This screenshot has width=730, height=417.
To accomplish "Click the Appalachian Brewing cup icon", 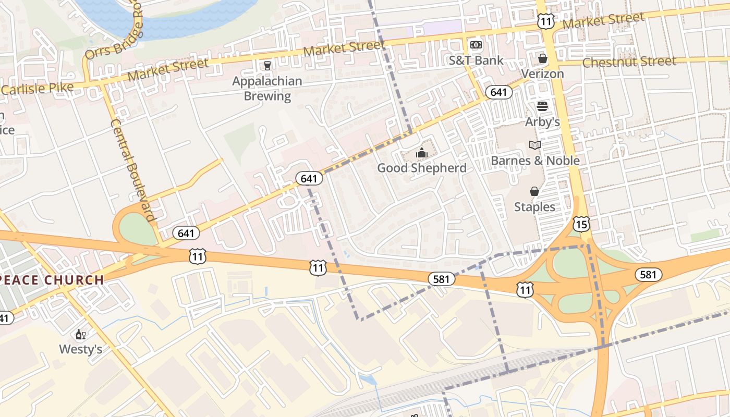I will coord(267,65).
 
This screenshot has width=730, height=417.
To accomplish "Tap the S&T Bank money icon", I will coord(476,45).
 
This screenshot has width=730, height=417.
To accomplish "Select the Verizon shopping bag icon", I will coord(543,58).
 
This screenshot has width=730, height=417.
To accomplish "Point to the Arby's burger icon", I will coord(542,106).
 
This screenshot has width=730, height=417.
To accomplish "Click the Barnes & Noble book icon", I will coord(535,145).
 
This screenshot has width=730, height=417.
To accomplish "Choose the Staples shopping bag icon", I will coord(534,191).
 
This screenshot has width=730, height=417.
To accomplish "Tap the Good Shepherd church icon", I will coord(421,153).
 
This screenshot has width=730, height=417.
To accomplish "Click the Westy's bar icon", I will coord(80,334).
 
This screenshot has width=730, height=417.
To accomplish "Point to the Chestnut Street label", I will coord(629,62).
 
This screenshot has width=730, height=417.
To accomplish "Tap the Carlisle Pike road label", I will coord(37,88).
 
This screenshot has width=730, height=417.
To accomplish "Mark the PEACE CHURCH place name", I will coord(52,280).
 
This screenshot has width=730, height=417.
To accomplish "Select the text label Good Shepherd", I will coord(421,168).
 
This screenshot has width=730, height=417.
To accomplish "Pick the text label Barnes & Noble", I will coord(535,161).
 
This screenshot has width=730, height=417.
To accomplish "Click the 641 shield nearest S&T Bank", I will coord(498,92).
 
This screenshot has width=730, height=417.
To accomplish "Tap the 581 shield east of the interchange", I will coord(648,274).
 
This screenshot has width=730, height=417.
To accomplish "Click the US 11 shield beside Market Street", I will coord(545,21).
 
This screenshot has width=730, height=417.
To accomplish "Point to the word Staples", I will coord(534,207).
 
